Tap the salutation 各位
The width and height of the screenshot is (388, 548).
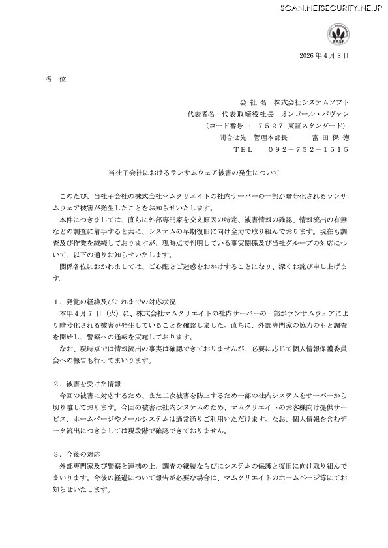pyautogui.click(x=57, y=79)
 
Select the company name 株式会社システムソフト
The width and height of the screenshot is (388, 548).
pyautogui.click(x=311, y=102)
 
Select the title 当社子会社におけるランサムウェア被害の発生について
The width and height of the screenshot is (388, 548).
pyautogui.click(x=194, y=173)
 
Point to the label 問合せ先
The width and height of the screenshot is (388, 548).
pyautogui.click(x=233, y=137)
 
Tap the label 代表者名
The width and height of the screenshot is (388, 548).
pyautogui.click(x=201, y=113)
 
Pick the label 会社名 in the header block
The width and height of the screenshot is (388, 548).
pyautogui.click(x=254, y=102)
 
